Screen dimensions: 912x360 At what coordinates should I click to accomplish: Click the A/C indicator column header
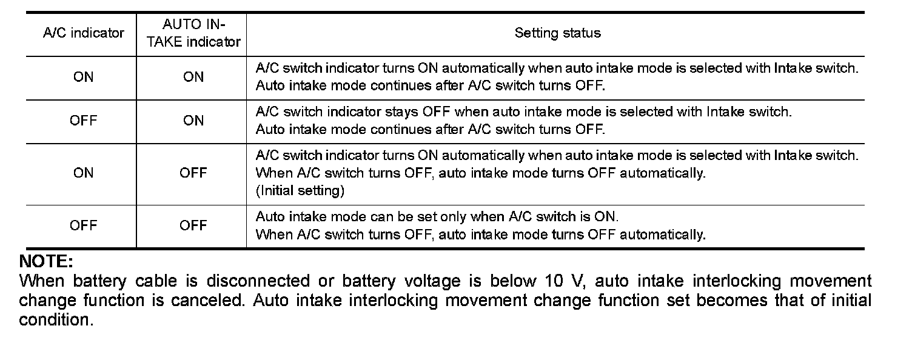click(84, 33)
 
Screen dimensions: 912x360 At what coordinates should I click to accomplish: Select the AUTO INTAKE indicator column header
click(193, 33)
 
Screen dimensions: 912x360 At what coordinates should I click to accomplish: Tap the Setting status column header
click(557, 33)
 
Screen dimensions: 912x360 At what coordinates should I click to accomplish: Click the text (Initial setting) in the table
click(300, 190)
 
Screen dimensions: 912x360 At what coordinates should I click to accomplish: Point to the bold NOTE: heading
click(46, 261)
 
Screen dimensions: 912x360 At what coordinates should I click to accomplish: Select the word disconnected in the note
click(258, 281)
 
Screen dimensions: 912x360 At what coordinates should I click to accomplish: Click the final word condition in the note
click(56, 320)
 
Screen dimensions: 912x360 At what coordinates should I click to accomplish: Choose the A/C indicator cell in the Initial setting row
click(84, 173)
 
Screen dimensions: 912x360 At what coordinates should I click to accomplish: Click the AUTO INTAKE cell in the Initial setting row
click(193, 173)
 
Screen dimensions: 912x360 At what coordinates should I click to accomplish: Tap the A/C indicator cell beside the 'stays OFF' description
click(84, 121)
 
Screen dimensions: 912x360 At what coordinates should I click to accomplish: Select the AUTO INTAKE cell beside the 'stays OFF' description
click(193, 121)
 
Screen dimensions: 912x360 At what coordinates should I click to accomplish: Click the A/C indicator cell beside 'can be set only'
click(84, 225)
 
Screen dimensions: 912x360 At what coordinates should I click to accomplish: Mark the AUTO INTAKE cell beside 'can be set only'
click(193, 225)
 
